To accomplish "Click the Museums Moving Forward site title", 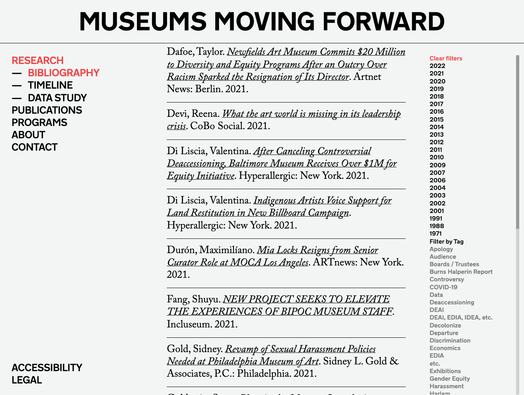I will tap(262, 21).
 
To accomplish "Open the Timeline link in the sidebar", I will tap(50, 85).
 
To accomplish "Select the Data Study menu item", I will tap(57, 98).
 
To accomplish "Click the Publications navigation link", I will tap(47, 110).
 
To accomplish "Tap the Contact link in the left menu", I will tap(35, 147).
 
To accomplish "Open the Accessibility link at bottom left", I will tap(47, 368).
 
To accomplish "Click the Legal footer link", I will tap(27, 380).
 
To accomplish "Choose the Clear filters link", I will tap(446, 58).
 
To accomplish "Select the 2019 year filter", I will tap(437, 89).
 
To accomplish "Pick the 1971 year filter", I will tap(435, 234).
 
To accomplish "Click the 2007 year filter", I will tap(437, 172).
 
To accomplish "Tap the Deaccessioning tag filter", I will tap(452, 302).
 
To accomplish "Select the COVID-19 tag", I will tap(443, 287).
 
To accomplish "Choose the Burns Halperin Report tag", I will tap(461, 272).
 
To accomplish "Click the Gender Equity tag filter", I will tap(449, 379).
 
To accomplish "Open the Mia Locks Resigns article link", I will tap(317, 250).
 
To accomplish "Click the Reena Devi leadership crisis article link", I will tap(311, 114).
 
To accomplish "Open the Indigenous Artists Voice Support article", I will tap(322, 201).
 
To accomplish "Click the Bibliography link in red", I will tap(64, 73).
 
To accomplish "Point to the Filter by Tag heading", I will tap(447, 242).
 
